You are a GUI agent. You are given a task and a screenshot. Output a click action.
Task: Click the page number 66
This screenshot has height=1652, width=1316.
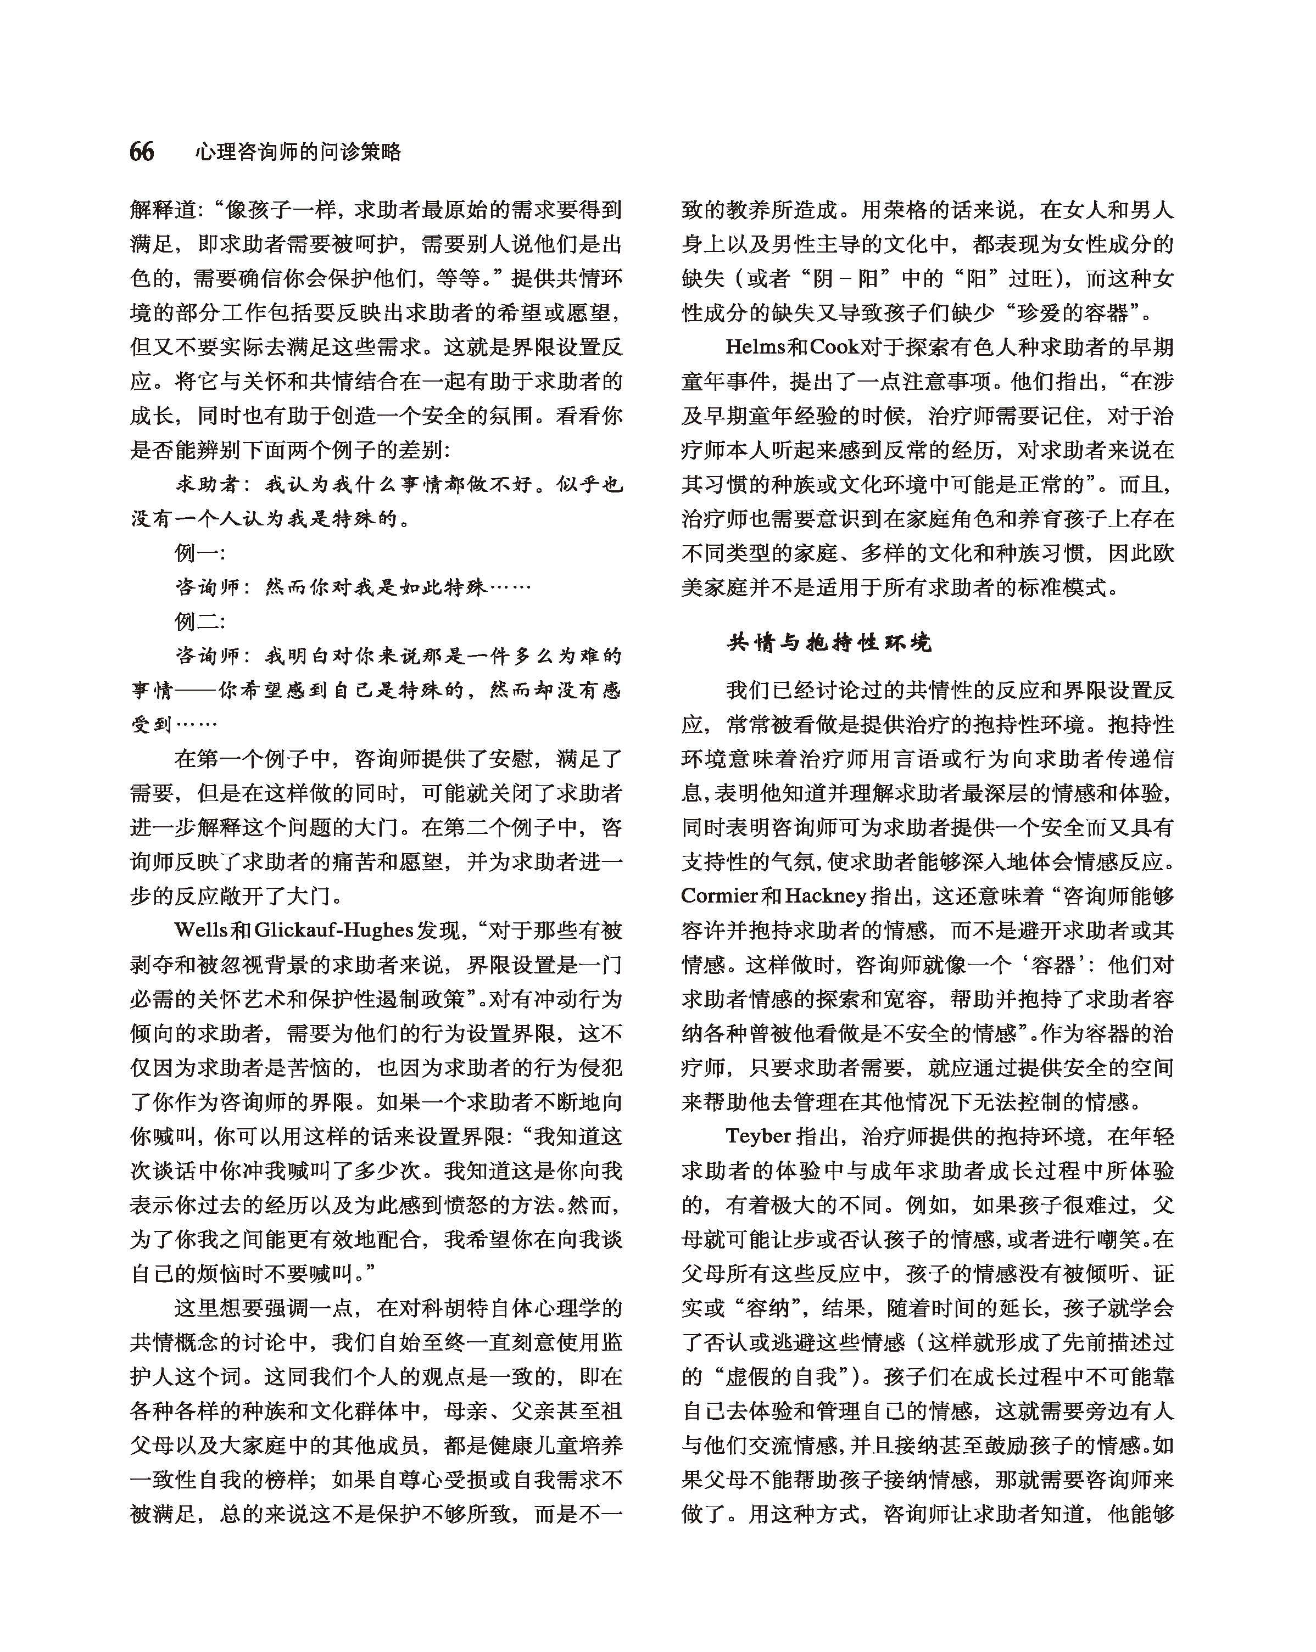(x=142, y=152)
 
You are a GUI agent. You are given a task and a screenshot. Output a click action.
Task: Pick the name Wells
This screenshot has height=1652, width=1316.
(x=202, y=930)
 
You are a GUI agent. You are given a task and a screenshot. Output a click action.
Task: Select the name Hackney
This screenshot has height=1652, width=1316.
(x=826, y=896)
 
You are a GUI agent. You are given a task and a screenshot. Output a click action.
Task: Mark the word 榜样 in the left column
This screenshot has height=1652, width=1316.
(x=285, y=1480)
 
